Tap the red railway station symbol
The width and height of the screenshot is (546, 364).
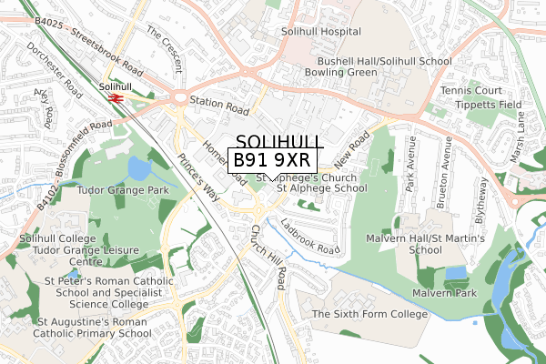[x=116, y=97]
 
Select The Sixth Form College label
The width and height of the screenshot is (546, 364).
[x=369, y=314]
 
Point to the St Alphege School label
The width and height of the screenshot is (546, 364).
[x=322, y=188]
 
